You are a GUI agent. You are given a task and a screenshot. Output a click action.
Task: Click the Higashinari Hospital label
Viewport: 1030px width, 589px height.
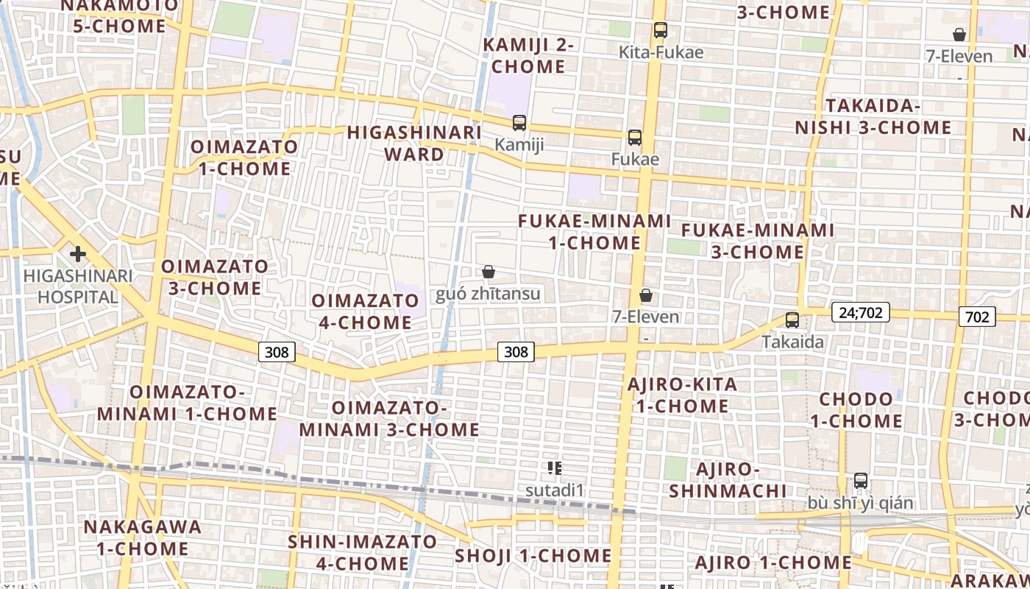point(78,286)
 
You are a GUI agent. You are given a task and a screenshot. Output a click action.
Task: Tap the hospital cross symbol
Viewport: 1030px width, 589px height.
point(77,255)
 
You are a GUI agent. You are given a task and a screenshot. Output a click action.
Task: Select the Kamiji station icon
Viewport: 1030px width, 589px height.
point(519,123)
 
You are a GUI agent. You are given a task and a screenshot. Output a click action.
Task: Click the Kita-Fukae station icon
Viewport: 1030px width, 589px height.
point(661,30)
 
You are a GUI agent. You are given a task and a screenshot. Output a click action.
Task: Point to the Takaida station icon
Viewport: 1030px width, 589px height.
point(792,320)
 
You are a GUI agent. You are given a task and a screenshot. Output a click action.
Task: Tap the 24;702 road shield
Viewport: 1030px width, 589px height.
point(861,313)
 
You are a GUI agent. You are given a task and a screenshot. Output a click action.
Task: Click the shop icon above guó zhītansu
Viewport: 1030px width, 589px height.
point(488,272)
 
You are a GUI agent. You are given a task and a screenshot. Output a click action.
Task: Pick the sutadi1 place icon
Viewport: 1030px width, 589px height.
point(555,468)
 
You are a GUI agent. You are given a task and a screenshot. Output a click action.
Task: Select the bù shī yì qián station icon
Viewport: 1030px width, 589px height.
point(861,481)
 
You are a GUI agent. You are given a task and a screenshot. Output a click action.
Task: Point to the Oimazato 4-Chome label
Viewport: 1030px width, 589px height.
point(365,311)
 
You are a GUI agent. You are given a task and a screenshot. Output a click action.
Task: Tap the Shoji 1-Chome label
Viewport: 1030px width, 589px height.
point(533,555)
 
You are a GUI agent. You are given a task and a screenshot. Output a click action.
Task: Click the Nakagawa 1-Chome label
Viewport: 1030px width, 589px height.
point(142,537)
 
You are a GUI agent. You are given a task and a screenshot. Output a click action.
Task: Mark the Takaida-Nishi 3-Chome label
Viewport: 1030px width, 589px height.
point(873,116)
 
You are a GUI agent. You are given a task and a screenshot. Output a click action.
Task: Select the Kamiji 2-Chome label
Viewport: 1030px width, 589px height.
point(528,55)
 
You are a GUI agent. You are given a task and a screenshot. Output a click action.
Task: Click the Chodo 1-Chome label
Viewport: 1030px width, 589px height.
point(856,410)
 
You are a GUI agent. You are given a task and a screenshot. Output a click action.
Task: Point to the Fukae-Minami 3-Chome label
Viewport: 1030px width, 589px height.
point(758,241)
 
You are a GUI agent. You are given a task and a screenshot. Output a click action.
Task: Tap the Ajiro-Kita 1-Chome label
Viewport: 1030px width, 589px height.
point(682,395)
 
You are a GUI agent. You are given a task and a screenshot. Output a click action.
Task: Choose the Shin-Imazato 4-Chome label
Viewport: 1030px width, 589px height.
point(362,553)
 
